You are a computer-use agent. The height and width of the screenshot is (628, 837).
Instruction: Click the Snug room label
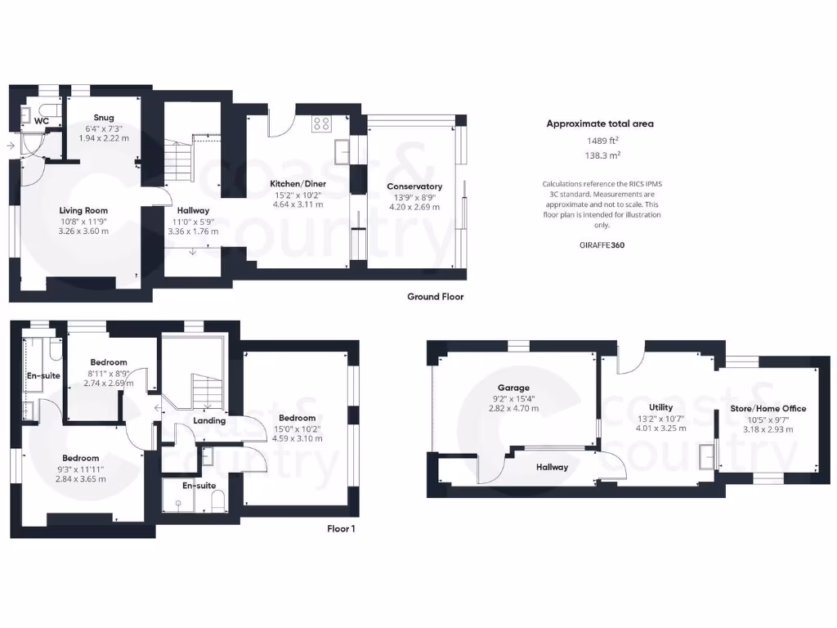point(104,118)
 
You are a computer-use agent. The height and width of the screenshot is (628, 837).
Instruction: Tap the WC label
point(42,121)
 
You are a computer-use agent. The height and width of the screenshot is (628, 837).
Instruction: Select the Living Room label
point(83,210)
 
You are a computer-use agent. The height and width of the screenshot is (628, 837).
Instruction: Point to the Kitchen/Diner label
point(296,184)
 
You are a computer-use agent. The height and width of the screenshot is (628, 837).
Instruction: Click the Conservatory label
point(414,186)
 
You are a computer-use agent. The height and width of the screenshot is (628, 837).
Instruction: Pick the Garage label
point(514,388)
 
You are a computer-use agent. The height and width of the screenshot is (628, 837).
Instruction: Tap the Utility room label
point(660,407)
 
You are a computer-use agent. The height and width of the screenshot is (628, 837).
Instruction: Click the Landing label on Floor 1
point(209,421)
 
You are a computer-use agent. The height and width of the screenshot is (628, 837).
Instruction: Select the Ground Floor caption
point(435,297)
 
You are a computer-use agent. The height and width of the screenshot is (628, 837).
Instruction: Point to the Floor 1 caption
point(341,529)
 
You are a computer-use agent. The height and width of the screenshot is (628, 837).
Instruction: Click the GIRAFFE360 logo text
point(601,244)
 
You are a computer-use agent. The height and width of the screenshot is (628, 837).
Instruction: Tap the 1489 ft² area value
point(600,140)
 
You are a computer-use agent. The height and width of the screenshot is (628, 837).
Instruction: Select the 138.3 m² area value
point(600,155)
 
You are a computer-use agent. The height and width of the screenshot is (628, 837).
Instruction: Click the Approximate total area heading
point(600,124)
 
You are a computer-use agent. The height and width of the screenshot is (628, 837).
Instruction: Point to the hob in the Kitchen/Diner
point(320,124)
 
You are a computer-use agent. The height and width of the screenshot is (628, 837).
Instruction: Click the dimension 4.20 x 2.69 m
point(414,208)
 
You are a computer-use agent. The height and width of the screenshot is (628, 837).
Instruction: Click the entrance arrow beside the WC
point(10,146)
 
